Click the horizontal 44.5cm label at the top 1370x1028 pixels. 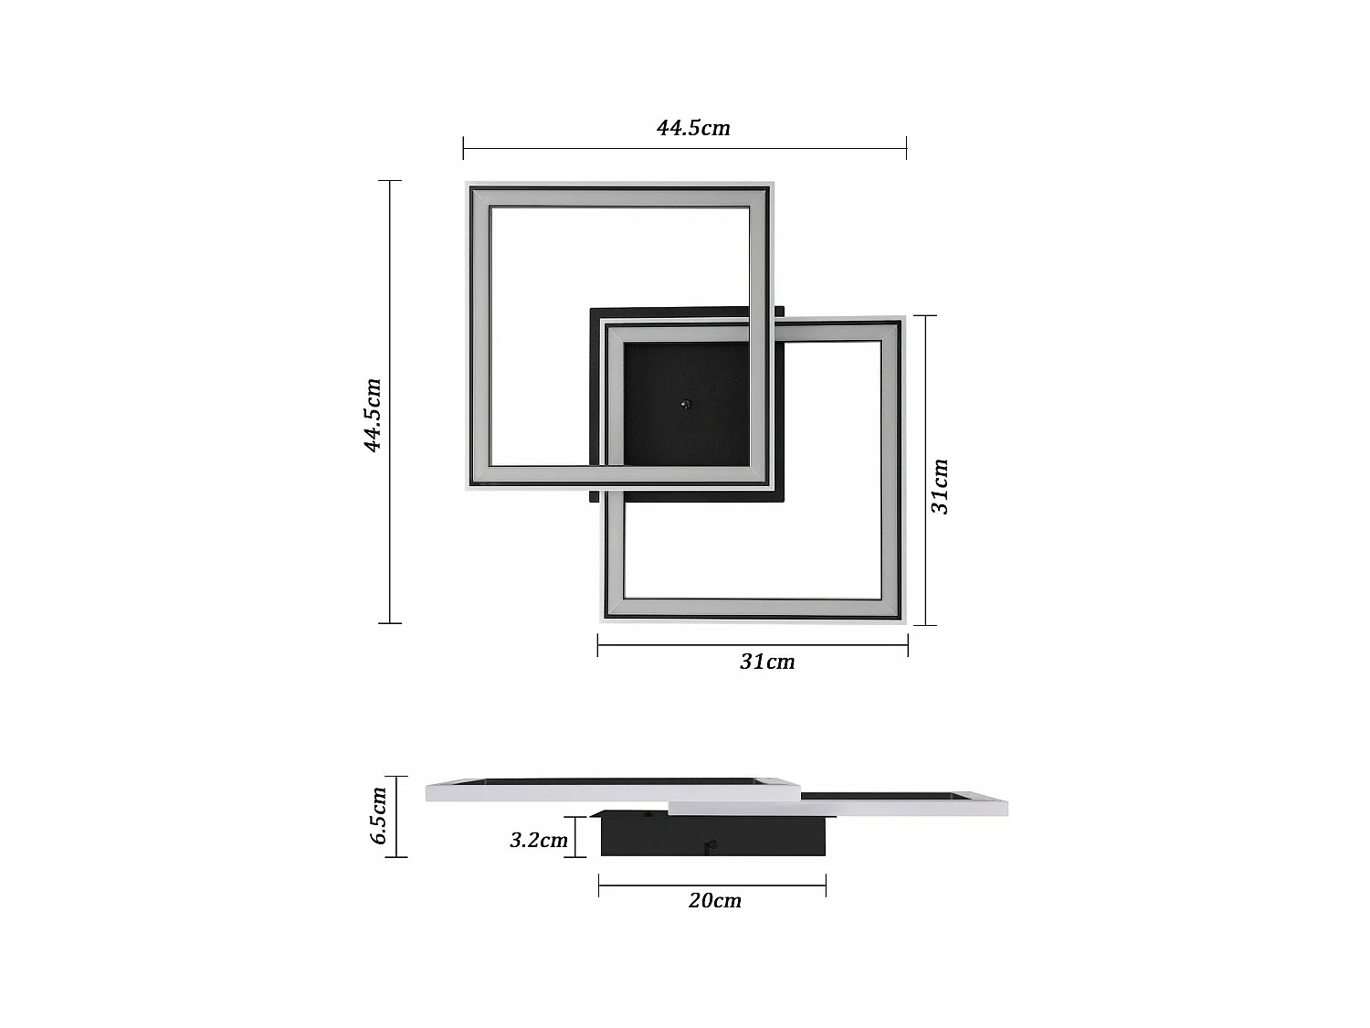(693, 128)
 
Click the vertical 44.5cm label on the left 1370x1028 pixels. (373, 415)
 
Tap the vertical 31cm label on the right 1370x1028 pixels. (941, 486)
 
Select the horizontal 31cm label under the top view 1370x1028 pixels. (767, 662)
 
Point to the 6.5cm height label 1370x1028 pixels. (380, 815)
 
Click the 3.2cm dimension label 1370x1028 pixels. (538, 840)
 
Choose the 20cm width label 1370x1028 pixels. (714, 901)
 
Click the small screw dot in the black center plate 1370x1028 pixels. (686, 404)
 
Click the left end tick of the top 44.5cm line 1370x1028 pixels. (464, 148)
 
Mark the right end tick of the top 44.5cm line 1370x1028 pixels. (906, 148)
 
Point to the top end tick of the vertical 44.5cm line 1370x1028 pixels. (390, 181)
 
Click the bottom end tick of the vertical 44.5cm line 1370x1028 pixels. (390, 623)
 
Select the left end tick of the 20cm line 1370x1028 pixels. (599, 885)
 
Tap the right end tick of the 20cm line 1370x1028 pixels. (826, 885)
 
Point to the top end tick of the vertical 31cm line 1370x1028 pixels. (925, 316)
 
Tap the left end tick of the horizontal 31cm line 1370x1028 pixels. (598, 645)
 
